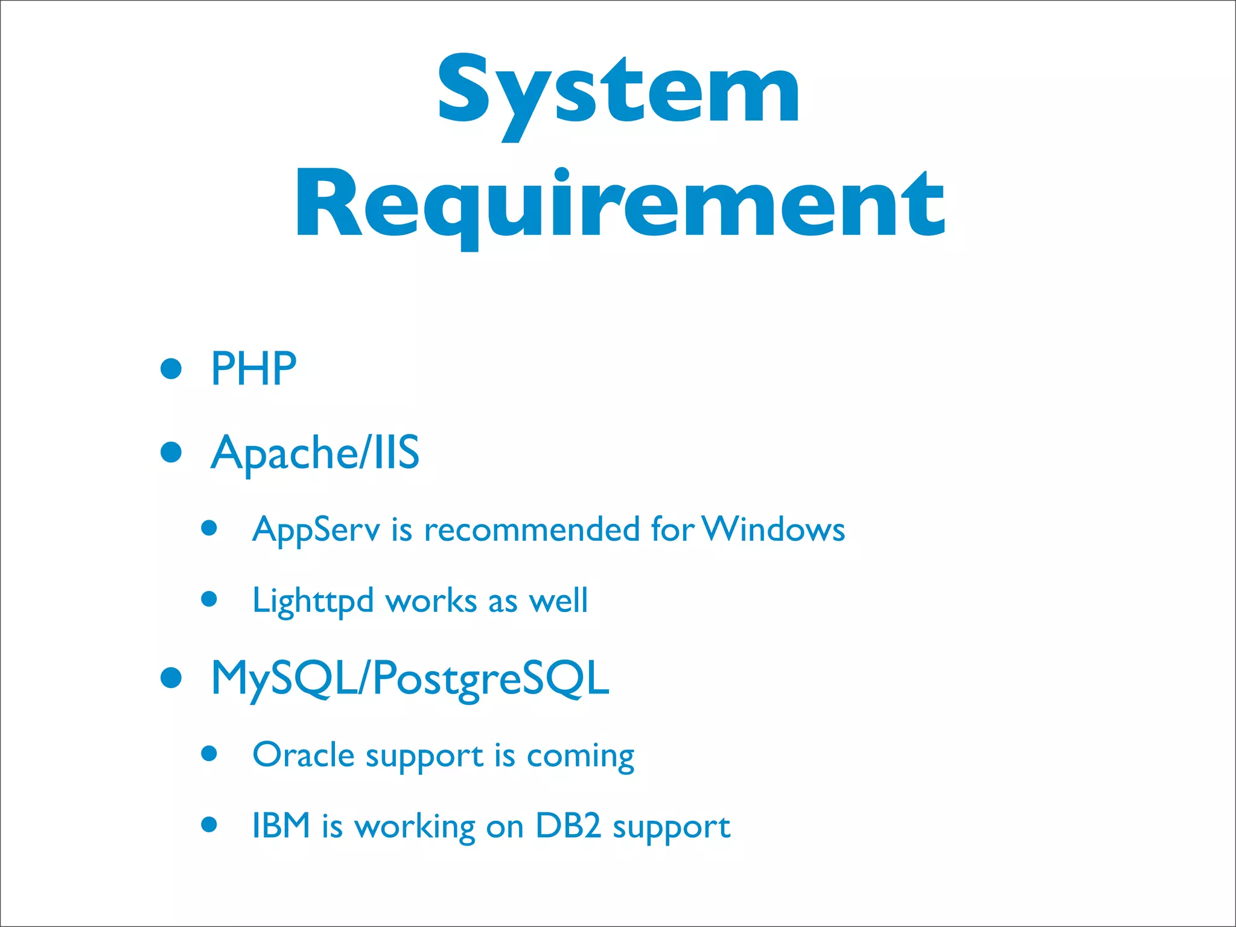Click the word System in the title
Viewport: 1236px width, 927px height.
pyautogui.click(x=618, y=91)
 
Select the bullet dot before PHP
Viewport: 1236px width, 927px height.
pyautogui.click(x=171, y=369)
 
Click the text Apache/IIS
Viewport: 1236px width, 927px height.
pyautogui.click(x=314, y=453)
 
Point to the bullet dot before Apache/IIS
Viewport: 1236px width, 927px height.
pyautogui.click(x=171, y=452)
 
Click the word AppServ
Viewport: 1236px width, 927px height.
pyautogui.click(x=316, y=530)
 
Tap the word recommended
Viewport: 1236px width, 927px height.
pyautogui.click(x=532, y=529)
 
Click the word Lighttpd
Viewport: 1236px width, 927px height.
pyautogui.click(x=313, y=601)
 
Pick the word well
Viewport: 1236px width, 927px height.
pyautogui.click(x=558, y=600)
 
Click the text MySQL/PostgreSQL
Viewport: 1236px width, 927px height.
pyautogui.click(x=410, y=679)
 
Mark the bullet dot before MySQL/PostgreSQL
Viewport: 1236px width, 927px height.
pyautogui.click(x=171, y=678)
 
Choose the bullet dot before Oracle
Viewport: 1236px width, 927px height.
pyautogui.click(x=209, y=753)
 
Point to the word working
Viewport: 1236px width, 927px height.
pyautogui.click(x=415, y=827)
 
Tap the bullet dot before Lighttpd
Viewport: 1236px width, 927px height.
pyautogui.click(x=209, y=599)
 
